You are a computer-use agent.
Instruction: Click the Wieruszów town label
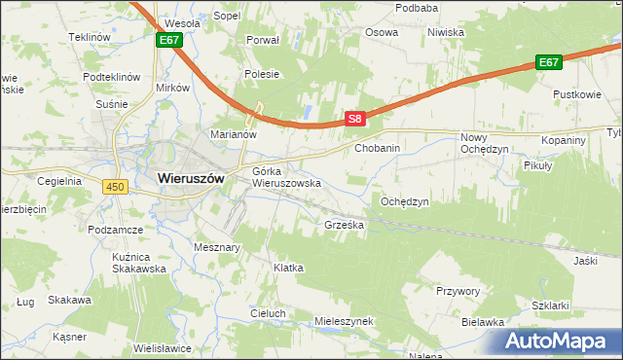coord(191,179)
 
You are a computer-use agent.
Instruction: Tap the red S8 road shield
coord(355,119)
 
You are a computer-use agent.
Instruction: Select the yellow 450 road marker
coord(117,187)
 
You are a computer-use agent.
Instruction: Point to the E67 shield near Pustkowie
coord(549,62)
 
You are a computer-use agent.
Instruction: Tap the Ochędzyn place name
coord(405,201)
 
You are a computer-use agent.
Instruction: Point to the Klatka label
coord(289,267)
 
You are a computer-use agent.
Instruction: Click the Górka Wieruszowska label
coord(286,177)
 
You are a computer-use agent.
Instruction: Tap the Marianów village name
coord(233,134)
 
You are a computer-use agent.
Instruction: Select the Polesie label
coord(263,74)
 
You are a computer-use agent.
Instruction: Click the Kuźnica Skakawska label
coord(135,262)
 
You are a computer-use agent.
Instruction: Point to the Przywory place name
coord(459,290)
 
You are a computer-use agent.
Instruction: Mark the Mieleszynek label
coord(345,320)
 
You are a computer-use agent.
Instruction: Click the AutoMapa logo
coord(556,342)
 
